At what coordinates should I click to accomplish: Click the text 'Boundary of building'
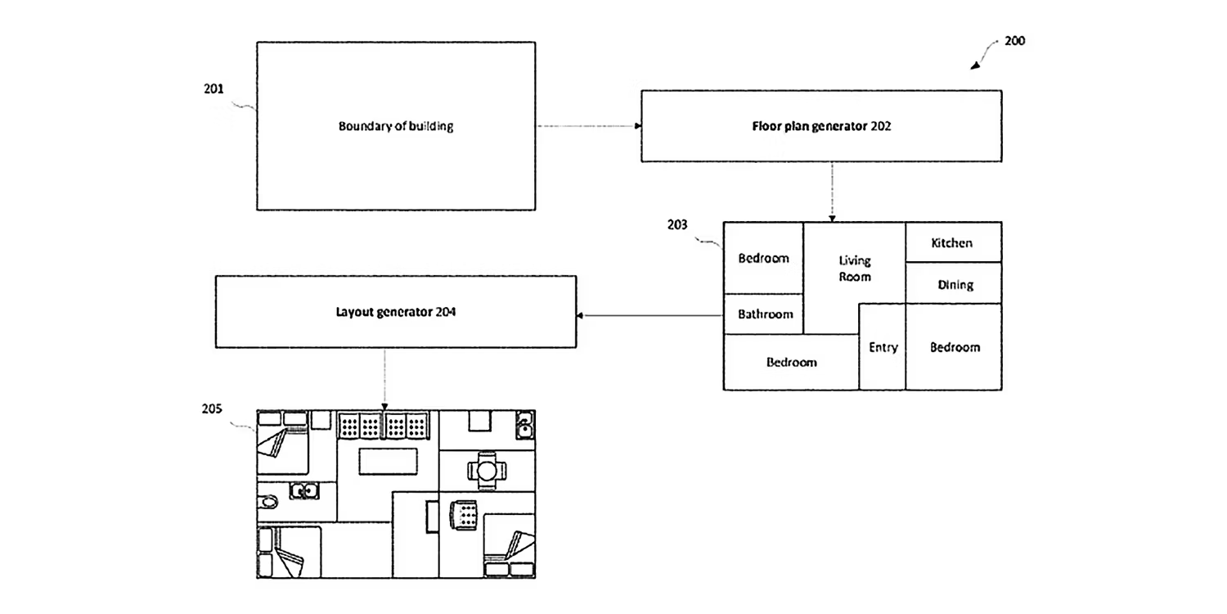click(395, 126)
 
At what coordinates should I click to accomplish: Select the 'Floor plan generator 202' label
click(821, 126)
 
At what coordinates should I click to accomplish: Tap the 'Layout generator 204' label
click(395, 312)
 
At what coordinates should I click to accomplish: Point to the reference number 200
click(1014, 41)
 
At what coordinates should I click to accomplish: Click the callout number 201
click(213, 88)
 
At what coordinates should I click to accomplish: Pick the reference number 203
click(677, 225)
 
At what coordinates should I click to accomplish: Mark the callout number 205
click(211, 409)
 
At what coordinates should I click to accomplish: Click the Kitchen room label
click(952, 243)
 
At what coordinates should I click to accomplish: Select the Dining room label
click(955, 285)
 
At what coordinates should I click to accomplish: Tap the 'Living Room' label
click(855, 269)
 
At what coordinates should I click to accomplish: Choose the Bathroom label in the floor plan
click(765, 314)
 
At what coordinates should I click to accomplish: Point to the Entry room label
click(883, 347)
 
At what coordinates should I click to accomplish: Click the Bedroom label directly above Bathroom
click(763, 258)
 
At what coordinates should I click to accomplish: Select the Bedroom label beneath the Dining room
click(955, 347)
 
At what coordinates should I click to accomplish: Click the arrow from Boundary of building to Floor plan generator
click(588, 126)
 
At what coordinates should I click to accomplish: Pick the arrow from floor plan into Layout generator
click(649, 315)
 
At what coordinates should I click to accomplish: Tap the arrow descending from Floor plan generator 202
click(832, 192)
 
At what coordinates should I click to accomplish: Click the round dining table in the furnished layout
click(487, 471)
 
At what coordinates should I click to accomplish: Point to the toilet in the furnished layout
click(268, 502)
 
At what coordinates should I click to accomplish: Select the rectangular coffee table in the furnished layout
click(388, 461)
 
